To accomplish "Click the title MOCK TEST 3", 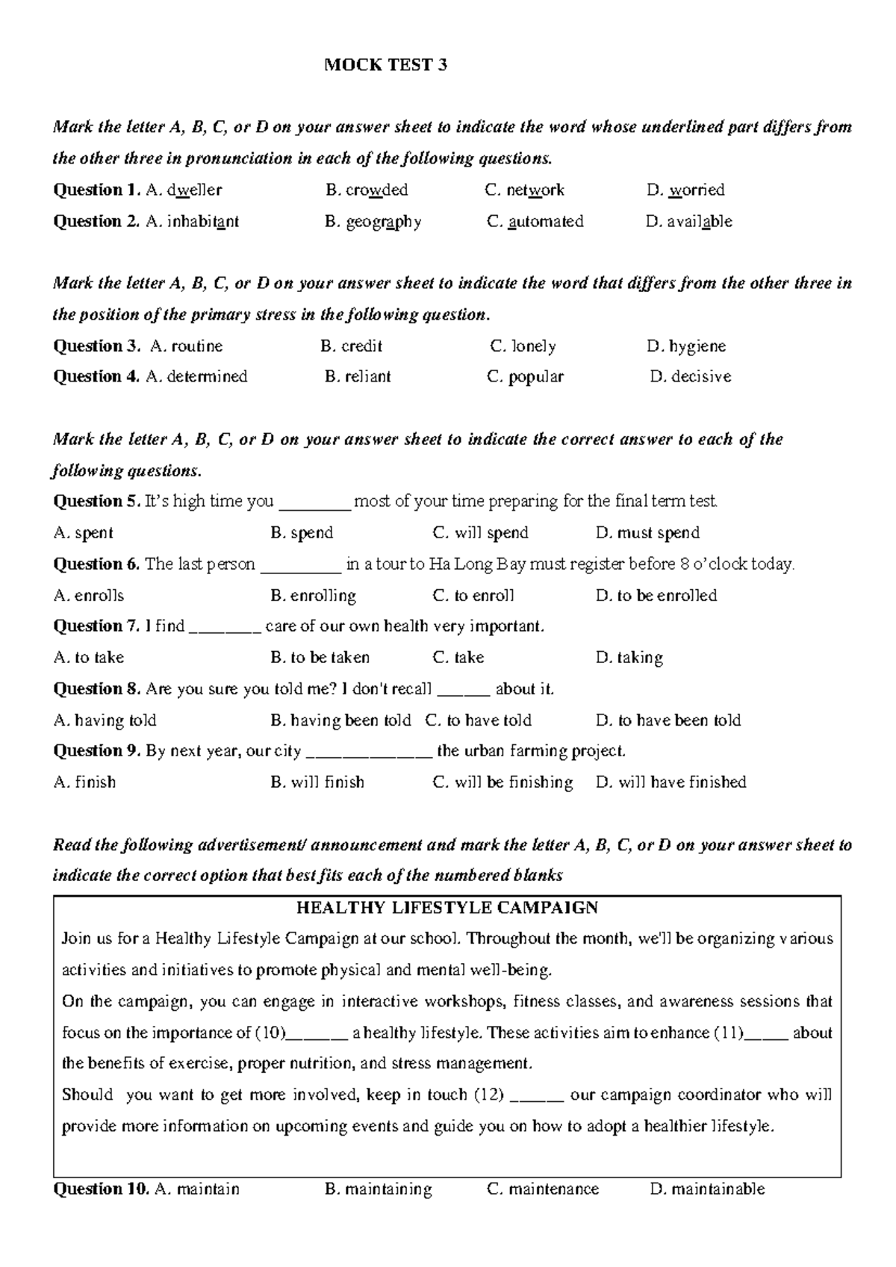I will (x=385, y=65).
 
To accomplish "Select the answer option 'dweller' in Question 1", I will (x=193, y=190).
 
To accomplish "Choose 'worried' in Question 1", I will (x=696, y=190).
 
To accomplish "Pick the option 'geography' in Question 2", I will (x=383, y=222).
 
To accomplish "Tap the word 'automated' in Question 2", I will (x=545, y=222).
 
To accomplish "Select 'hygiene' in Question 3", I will (x=697, y=346).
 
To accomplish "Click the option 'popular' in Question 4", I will (x=535, y=377).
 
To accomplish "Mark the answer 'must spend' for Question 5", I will (x=657, y=533).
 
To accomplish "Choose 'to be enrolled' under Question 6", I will (x=666, y=596).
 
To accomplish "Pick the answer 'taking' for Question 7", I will (x=639, y=658).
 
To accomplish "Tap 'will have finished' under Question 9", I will (x=682, y=782).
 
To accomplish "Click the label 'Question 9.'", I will (x=97, y=751).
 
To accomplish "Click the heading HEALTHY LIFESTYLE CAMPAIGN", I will (x=447, y=908).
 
